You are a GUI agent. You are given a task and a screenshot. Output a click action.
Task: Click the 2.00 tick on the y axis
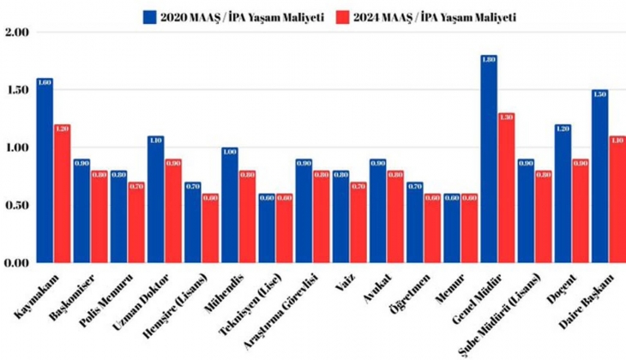click(x=16, y=32)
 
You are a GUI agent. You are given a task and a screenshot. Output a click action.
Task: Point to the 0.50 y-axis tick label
click(x=16, y=206)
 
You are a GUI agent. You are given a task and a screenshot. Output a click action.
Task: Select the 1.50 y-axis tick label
click(x=16, y=90)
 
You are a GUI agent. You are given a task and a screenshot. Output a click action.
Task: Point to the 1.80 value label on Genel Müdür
click(x=489, y=59)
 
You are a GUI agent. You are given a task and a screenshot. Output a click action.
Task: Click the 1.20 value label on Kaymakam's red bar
click(x=63, y=129)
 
